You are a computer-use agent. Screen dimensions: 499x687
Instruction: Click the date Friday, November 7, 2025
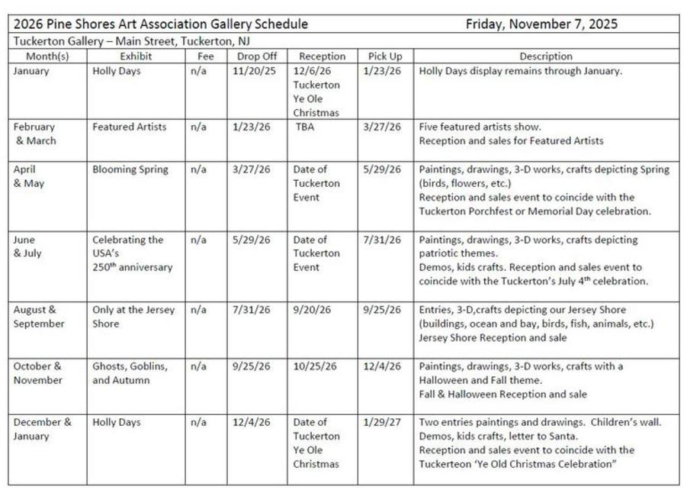coord(541,24)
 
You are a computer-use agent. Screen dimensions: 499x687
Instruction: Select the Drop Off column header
coord(256,56)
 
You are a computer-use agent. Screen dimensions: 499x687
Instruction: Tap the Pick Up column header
coord(385,56)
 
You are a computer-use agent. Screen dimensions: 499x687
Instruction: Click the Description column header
coord(545,56)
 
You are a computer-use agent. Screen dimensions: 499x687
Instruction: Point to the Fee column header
coord(205,56)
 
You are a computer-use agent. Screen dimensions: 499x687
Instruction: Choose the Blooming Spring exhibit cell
coord(130,169)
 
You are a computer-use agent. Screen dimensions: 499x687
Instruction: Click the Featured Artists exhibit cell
coord(129,127)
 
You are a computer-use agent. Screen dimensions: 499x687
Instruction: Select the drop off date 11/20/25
coord(251,71)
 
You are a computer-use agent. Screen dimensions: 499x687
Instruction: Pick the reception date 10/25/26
coord(315,366)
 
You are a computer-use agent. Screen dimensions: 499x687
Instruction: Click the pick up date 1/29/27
coord(383,422)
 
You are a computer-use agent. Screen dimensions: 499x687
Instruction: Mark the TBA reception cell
coord(305,127)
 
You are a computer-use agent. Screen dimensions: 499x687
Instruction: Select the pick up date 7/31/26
coord(383,240)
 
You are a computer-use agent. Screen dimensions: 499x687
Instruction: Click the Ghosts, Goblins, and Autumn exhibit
coord(130,373)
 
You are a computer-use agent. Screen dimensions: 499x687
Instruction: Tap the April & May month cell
coord(29,176)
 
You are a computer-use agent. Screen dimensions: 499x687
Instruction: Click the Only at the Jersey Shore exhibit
coord(133,317)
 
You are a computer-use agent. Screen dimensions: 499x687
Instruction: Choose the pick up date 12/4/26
coord(383,366)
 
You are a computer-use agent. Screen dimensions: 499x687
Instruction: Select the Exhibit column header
coord(136,56)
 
